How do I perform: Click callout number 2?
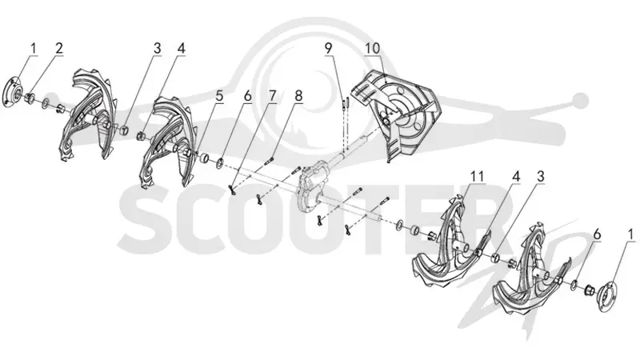point(59,48)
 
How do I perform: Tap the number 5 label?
point(219,96)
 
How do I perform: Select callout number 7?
point(272,96)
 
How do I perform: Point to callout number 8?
point(298,96)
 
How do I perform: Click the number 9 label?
point(329,48)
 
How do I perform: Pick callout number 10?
point(372,48)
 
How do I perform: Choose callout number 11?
point(477,177)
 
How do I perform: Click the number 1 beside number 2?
point(34,48)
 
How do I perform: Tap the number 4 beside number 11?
point(516,177)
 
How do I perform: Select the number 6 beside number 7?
point(247,96)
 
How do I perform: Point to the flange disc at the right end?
point(607,293)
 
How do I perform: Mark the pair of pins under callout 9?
point(345,102)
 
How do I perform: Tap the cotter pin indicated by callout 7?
point(233,190)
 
